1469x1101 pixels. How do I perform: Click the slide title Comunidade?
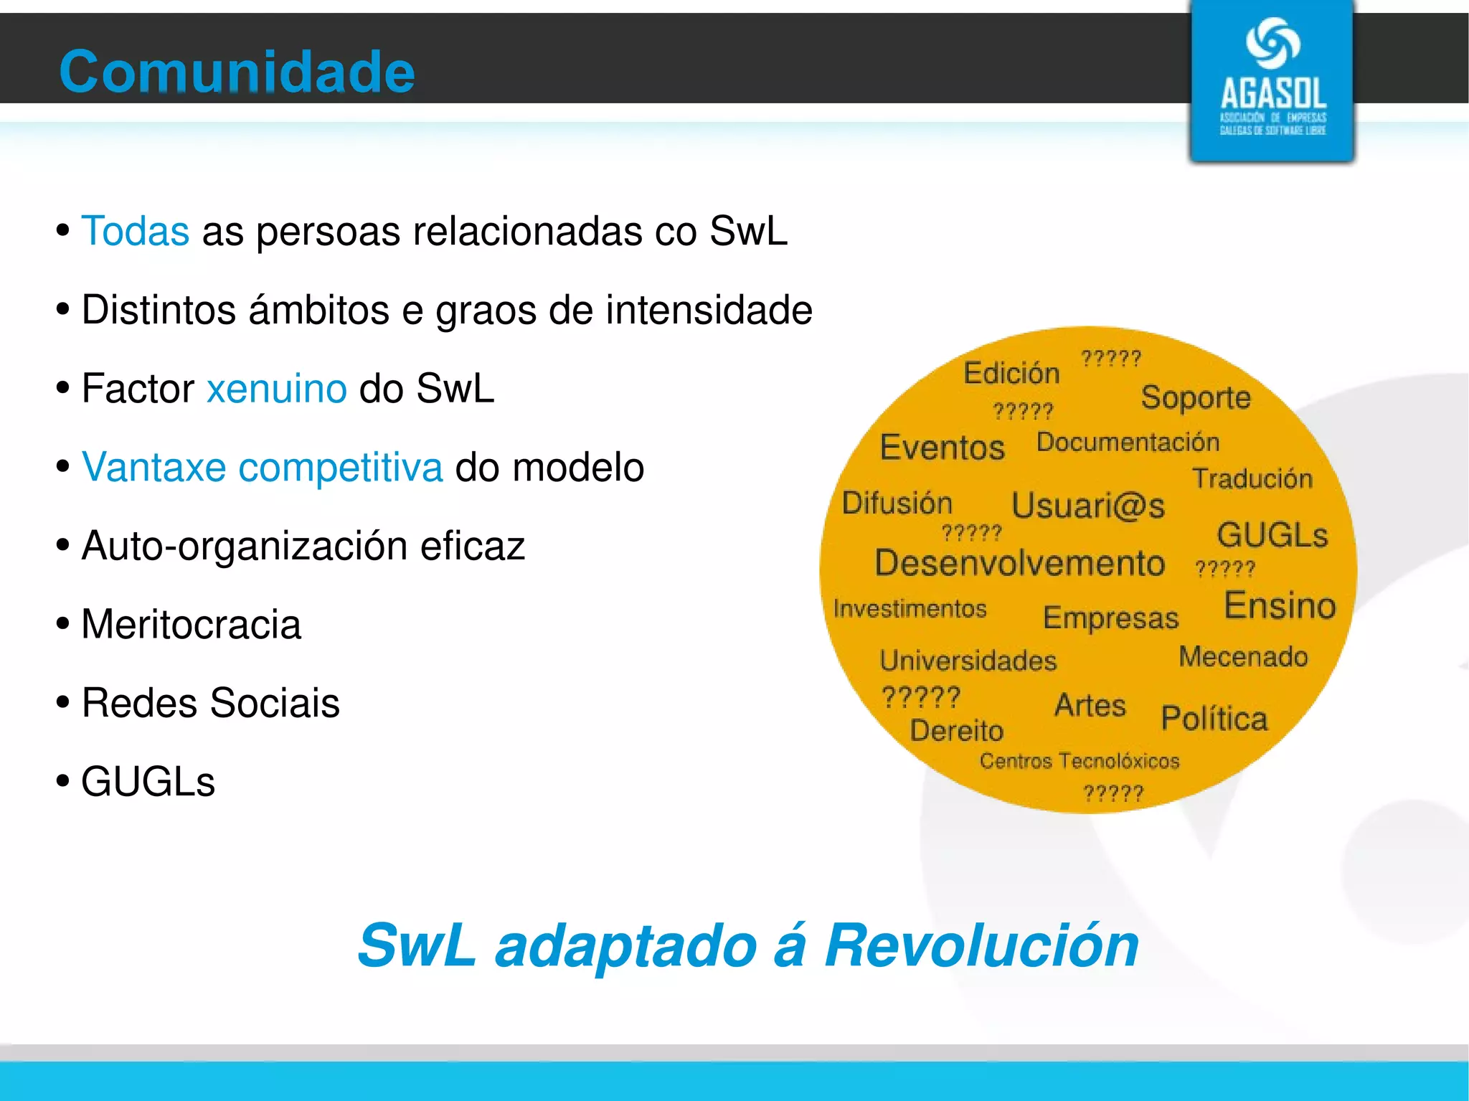tap(237, 72)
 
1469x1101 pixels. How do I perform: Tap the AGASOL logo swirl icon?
tap(1272, 43)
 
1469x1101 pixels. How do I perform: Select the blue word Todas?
tap(136, 231)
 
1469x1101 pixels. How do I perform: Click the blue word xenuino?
tap(277, 389)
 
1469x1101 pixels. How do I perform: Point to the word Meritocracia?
tap(191, 624)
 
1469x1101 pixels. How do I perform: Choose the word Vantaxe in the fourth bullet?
tap(154, 468)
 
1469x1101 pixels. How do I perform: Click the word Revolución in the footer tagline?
tap(981, 945)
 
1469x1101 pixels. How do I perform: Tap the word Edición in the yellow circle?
tap(1011, 373)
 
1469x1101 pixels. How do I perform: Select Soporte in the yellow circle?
tap(1196, 397)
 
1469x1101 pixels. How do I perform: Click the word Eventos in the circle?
tap(943, 448)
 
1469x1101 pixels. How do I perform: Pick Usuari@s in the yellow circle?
tap(1088, 506)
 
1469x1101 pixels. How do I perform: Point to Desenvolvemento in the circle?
tap(1020, 563)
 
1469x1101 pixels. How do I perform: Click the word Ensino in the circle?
tap(1280, 605)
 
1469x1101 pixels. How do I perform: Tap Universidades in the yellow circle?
tap(968, 661)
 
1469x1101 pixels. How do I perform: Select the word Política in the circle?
tap(1214, 719)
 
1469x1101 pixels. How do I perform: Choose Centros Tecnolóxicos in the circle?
tap(1080, 761)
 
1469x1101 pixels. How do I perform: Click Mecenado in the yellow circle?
tap(1243, 657)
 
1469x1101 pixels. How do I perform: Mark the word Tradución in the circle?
tap(1252, 478)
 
